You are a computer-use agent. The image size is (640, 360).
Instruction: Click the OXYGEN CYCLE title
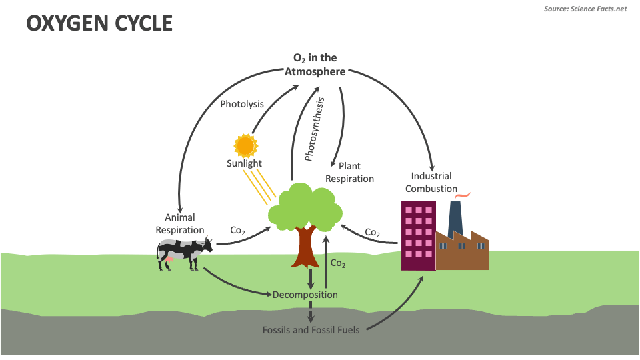click(x=99, y=23)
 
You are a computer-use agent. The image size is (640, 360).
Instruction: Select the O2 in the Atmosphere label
click(x=315, y=65)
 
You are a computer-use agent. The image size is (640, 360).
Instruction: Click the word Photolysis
click(x=242, y=104)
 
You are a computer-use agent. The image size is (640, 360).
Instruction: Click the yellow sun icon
click(x=245, y=145)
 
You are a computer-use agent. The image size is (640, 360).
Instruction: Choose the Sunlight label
click(x=244, y=163)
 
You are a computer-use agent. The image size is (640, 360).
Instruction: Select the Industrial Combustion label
click(x=431, y=182)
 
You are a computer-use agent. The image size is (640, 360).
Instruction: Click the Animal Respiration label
click(x=180, y=223)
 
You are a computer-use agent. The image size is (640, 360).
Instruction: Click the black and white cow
click(x=183, y=253)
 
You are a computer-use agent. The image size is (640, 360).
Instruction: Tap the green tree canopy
click(x=304, y=206)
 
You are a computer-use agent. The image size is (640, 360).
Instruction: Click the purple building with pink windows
click(x=418, y=235)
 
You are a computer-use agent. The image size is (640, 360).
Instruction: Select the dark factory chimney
click(x=456, y=216)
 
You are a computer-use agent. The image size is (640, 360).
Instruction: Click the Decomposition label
click(x=305, y=295)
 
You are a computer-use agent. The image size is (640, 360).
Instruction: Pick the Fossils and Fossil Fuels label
click(x=311, y=330)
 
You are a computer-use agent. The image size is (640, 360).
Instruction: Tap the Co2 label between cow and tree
click(x=238, y=230)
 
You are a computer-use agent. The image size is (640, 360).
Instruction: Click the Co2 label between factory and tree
click(x=373, y=233)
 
